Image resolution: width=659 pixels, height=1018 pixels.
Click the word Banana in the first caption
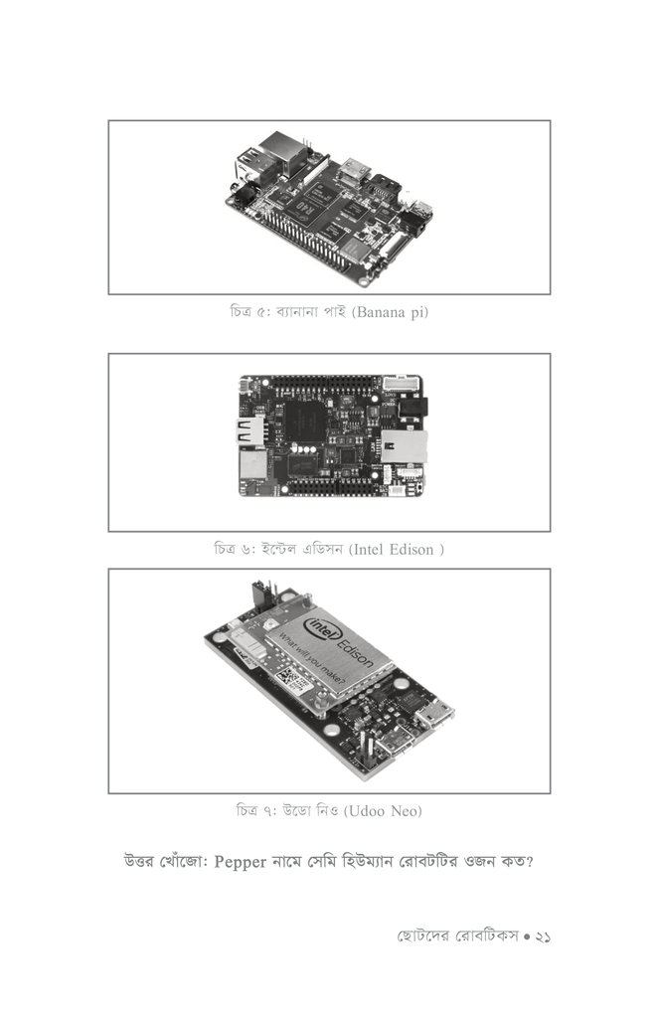click(x=379, y=312)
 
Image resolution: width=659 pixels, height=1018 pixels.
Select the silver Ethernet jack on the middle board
click(x=404, y=445)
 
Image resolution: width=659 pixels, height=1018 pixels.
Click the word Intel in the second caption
click(x=370, y=550)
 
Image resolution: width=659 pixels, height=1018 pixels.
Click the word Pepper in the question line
click(x=241, y=862)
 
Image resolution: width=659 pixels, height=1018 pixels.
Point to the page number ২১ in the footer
click(x=543, y=936)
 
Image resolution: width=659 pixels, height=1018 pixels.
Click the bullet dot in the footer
click(x=527, y=936)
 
